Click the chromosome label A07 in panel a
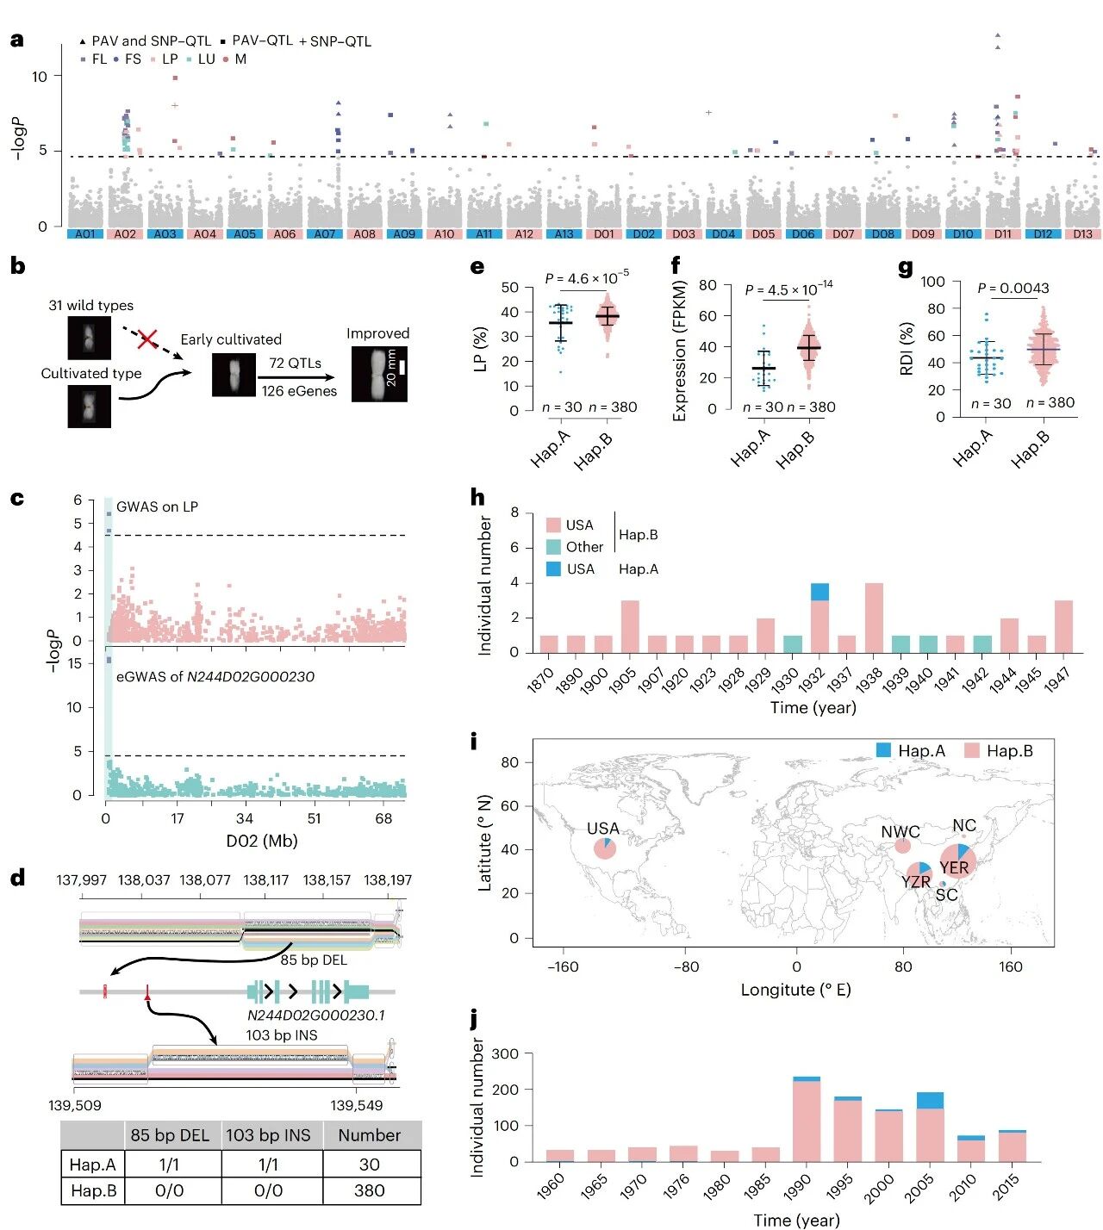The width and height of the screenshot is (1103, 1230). tap(325, 234)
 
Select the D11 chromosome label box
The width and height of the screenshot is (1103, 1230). tap(1003, 234)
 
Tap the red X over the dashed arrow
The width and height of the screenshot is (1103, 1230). tap(147, 339)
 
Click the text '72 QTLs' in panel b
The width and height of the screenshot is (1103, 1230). tap(295, 363)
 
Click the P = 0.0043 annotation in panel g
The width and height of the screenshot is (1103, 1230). tap(1013, 289)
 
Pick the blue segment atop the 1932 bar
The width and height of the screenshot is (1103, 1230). tap(819, 592)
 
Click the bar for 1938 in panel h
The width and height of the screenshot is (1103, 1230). tap(874, 618)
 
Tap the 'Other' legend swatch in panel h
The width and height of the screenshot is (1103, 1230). tap(553, 547)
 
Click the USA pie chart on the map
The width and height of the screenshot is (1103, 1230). tap(605, 849)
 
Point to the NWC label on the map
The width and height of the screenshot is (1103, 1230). tap(900, 832)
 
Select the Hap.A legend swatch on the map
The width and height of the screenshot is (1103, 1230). tap(883, 750)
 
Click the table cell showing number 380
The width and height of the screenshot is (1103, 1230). tap(370, 1190)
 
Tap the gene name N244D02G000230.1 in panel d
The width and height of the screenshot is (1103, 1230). tap(315, 1016)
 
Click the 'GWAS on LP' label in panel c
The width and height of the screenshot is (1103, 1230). tap(157, 506)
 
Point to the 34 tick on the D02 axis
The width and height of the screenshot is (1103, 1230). tap(245, 818)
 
